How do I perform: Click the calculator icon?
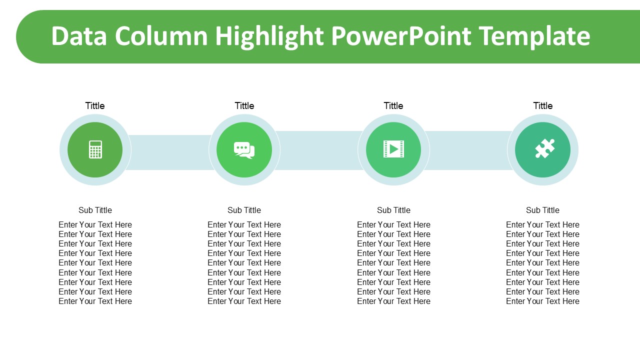pos(95,149)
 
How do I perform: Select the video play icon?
pos(393,149)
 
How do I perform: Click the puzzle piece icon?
pos(545,148)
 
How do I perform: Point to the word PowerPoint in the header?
pos(401,36)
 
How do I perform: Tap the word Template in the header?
pos(534,37)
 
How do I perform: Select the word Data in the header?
pos(79,36)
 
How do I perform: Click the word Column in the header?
pos(161,36)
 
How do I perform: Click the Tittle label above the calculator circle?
pos(95,105)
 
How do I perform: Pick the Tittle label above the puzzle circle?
pos(543,105)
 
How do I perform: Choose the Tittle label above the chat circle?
pos(244,105)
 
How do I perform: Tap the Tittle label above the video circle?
pos(393,105)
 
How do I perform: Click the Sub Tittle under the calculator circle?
pos(95,210)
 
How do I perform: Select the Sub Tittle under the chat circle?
pos(244,210)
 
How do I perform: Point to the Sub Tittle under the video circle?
pos(393,210)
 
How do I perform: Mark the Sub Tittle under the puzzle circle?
pos(543,210)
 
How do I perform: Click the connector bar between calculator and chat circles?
pos(170,152)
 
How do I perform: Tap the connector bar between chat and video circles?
pos(319,150)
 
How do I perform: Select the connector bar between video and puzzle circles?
pos(468,150)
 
